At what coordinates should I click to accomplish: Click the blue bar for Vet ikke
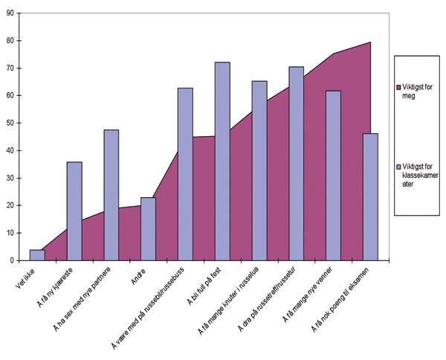point(37,255)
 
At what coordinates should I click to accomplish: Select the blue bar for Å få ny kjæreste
point(74,211)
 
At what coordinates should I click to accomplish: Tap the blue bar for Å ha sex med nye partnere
point(111,195)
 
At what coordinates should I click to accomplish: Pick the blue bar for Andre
point(149,229)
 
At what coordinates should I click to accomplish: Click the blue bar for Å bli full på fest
point(222,161)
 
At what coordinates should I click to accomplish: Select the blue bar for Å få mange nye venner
point(333,176)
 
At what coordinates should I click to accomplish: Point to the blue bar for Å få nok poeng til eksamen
point(371,197)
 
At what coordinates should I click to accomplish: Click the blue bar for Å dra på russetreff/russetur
point(297,164)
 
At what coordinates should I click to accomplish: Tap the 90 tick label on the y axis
point(10,13)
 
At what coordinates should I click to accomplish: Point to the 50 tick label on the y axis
point(10,123)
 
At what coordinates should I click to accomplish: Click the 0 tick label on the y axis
point(11,260)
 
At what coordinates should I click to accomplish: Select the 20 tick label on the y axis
point(10,205)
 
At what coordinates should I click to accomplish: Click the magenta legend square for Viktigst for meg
point(398,88)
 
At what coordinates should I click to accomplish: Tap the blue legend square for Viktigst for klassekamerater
point(398,167)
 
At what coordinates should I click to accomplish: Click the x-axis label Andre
point(138,276)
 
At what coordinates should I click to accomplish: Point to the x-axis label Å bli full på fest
point(204,286)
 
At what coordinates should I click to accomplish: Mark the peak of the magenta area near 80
point(370,42)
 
